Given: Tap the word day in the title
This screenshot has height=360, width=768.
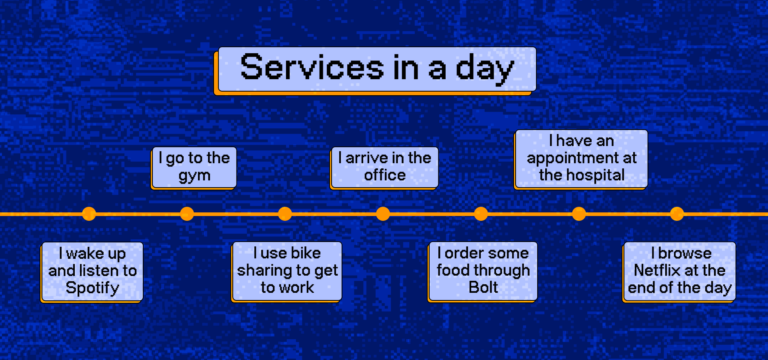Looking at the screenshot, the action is [485, 69].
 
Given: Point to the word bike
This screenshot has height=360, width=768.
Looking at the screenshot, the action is [306, 253].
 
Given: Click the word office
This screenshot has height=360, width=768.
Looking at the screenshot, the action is [385, 175].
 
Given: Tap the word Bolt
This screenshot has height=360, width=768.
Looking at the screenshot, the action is [483, 287].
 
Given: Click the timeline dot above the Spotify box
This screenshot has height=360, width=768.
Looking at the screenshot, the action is [89, 214].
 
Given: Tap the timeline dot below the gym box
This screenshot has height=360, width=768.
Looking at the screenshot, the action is [187, 214].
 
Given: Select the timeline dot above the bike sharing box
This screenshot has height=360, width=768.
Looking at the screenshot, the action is [285, 214].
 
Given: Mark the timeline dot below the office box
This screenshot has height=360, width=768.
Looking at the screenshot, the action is [383, 214].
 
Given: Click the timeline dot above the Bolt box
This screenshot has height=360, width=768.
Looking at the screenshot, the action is [481, 214].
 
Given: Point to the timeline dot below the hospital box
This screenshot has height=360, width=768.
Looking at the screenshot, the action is [579, 214].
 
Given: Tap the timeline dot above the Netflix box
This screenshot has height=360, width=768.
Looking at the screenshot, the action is [677, 214].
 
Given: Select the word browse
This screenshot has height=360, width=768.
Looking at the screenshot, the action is [685, 253].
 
